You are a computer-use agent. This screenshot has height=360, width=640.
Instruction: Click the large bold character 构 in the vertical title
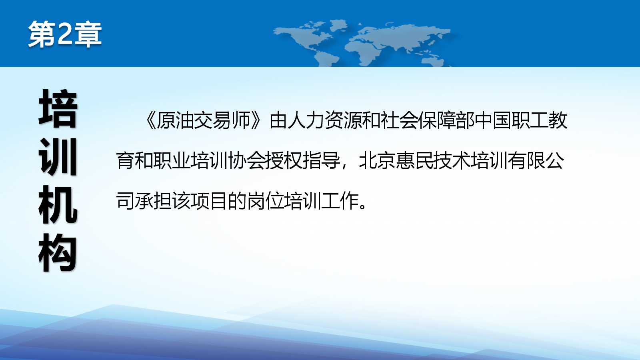pyautogui.click(x=58, y=252)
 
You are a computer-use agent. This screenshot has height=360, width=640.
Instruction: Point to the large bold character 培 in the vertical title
pyautogui.click(x=58, y=108)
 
